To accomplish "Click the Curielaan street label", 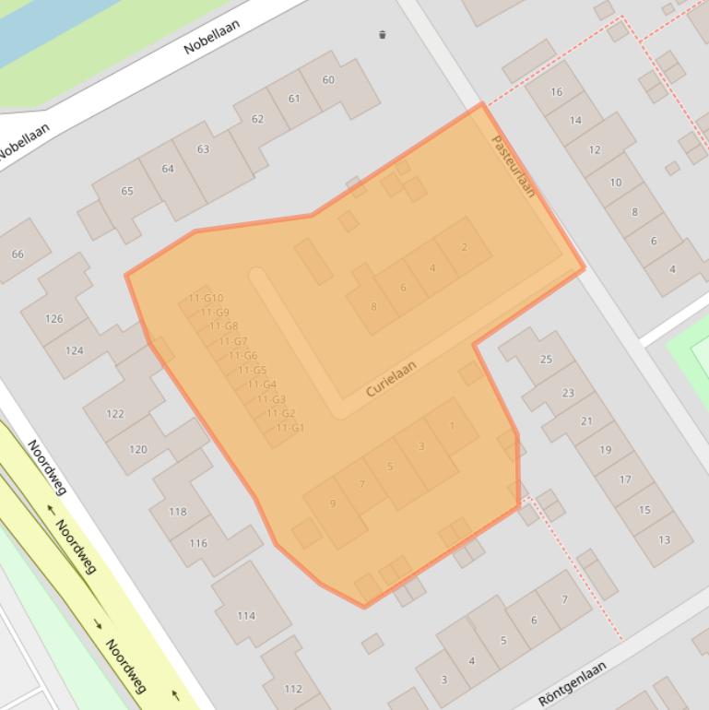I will [x=391, y=379].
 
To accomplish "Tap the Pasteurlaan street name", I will [x=514, y=166].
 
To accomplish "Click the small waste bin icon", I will [x=382, y=35].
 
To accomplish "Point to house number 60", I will [x=328, y=80].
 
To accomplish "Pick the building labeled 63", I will [x=203, y=148].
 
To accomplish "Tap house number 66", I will [x=18, y=254].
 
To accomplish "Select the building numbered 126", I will [x=54, y=319].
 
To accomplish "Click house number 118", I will [x=177, y=511].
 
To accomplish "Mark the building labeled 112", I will [x=292, y=688].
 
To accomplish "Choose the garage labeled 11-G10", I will [x=206, y=298].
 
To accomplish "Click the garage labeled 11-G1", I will [x=290, y=428].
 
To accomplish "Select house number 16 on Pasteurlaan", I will [x=556, y=91].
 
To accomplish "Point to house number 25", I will [x=546, y=360].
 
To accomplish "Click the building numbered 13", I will [x=664, y=539].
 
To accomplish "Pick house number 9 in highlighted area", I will [x=333, y=503].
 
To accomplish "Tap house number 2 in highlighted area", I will [x=464, y=247].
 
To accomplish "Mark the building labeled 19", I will [x=605, y=450].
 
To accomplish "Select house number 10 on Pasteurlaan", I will [x=615, y=182].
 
